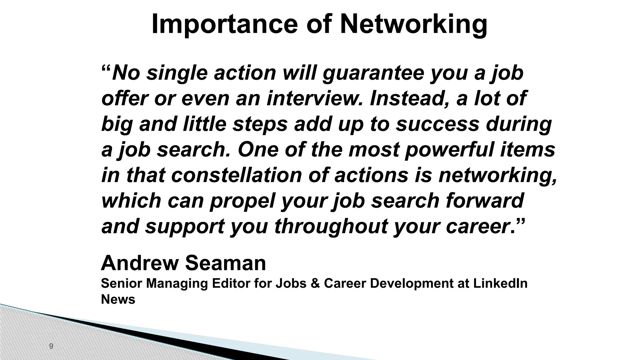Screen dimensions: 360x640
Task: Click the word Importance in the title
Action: point(224,24)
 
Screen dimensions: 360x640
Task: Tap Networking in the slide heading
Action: point(413,24)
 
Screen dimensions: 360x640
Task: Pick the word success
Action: point(437,124)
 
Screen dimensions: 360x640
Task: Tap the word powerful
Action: point(450,149)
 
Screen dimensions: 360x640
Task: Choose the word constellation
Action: point(237,175)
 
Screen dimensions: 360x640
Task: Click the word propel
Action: point(243,201)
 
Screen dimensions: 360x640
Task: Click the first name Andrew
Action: point(139,263)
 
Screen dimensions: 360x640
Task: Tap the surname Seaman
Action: point(226,263)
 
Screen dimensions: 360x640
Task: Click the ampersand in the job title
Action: point(315,283)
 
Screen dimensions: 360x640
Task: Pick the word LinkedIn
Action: point(500,283)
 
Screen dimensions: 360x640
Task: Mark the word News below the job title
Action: point(118,299)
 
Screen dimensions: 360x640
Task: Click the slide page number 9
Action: point(51,346)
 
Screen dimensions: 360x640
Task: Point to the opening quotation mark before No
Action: point(106,69)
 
